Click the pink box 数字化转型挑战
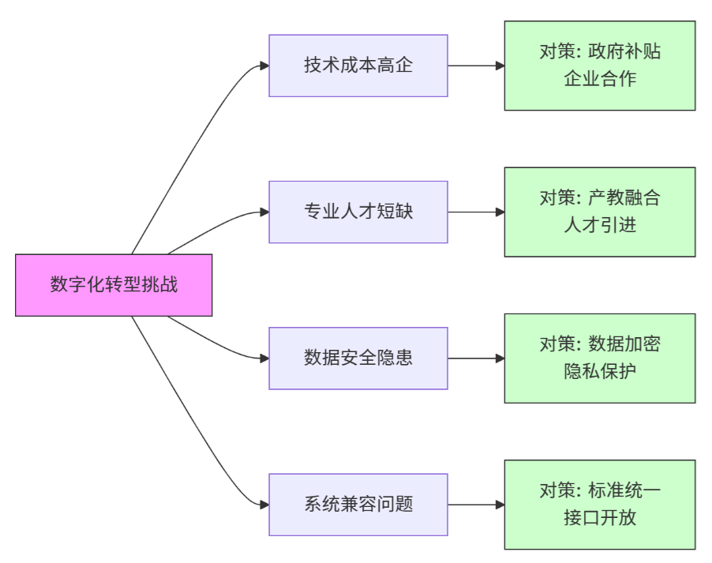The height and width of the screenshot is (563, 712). pyautogui.click(x=114, y=285)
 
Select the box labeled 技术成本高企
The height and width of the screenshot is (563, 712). pyautogui.click(x=358, y=66)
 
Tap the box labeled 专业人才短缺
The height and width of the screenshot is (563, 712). pyautogui.click(x=358, y=212)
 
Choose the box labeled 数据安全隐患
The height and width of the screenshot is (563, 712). pyautogui.click(x=358, y=358)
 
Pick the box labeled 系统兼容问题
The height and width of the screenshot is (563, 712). pyautogui.click(x=358, y=505)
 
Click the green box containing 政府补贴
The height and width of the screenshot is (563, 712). pyautogui.click(x=600, y=66)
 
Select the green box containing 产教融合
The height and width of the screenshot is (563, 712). pyautogui.click(x=600, y=212)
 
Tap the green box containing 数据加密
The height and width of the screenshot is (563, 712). pyautogui.click(x=600, y=358)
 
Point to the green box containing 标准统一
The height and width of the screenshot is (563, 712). pyautogui.click(x=600, y=505)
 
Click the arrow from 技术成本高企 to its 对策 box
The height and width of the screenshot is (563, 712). pyautogui.click(x=476, y=66)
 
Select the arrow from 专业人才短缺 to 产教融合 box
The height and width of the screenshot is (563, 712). pyautogui.click(x=476, y=212)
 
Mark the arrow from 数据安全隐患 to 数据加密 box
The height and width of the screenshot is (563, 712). pyautogui.click(x=476, y=358)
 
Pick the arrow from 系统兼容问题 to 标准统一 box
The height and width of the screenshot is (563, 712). pyautogui.click(x=476, y=505)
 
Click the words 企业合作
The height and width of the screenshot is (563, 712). pyautogui.click(x=600, y=79)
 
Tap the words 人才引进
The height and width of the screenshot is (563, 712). pyautogui.click(x=600, y=225)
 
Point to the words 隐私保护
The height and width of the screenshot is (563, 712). pyautogui.click(x=600, y=372)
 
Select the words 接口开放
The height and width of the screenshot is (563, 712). pyautogui.click(x=600, y=518)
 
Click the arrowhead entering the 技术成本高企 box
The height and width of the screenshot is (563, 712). pyautogui.click(x=264, y=66)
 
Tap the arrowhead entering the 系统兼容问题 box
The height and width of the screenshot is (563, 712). pyautogui.click(x=264, y=505)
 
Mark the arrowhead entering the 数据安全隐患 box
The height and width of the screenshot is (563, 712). pyautogui.click(x=264, y=358)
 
